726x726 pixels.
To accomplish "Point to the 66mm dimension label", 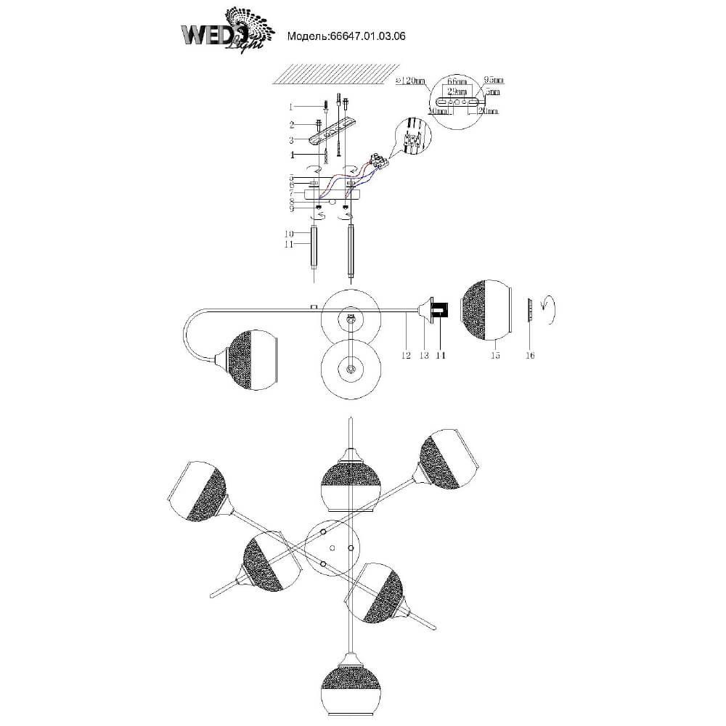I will [x=455, y=83].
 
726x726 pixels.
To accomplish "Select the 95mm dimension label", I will [x=493, y=81].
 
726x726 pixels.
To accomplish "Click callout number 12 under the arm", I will [x=406, y=356].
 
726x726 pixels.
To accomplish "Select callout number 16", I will [x=531, y=356].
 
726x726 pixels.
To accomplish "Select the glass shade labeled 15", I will [x=486, y=310].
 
